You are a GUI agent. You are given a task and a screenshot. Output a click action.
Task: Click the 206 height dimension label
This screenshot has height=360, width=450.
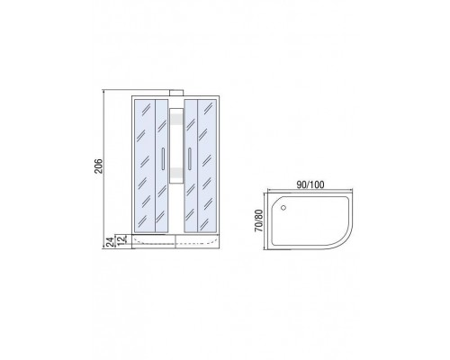point(99,166)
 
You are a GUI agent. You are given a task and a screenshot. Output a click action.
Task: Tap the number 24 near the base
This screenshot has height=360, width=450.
point(111,242)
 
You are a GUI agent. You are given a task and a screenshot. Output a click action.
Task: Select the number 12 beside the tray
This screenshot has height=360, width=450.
point(121,240)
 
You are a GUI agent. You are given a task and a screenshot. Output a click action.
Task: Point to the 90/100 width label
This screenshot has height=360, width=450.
point(310,184)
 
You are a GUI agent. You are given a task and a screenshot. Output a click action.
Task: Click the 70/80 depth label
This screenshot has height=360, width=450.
point(258,220)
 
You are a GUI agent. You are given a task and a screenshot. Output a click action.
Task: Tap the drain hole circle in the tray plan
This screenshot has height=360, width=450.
point(283,207)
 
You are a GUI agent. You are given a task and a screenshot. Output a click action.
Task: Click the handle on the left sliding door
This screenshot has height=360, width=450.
point(163,159)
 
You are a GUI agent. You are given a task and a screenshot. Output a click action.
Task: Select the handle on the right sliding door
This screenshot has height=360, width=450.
point(190,159)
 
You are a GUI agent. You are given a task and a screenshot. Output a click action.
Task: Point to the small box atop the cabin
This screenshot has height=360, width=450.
point(176,93)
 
